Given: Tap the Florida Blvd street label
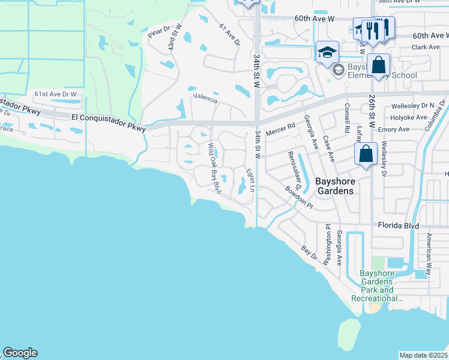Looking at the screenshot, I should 398,226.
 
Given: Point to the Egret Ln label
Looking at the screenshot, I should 251,181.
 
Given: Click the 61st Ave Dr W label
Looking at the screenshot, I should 56,94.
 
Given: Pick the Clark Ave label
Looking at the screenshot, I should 426,47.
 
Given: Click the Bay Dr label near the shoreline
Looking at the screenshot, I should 309,252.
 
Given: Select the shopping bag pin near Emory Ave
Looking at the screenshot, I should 366,154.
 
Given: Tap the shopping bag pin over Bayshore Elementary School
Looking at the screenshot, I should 379,65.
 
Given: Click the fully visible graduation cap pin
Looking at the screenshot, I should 328,52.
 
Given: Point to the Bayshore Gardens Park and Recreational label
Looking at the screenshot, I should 376,286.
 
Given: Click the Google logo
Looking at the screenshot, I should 20,353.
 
